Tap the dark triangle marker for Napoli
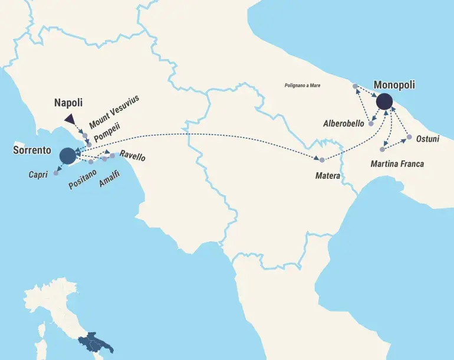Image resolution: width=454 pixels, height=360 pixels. [70, 119]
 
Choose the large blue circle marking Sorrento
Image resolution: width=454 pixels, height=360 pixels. [68, 156]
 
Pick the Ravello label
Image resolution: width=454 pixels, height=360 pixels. [132, 158]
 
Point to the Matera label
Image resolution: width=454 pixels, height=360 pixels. [327, 175]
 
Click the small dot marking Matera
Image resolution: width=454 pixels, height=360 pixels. [322, 160]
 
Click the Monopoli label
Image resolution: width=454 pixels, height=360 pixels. [394, 85]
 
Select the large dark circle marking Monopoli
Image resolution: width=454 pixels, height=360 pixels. [384, 102]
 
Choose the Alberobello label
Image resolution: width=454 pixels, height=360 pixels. [346, 124]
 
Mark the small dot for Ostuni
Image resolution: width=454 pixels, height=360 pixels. [409, 137]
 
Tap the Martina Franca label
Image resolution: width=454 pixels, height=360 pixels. [397, 163]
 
